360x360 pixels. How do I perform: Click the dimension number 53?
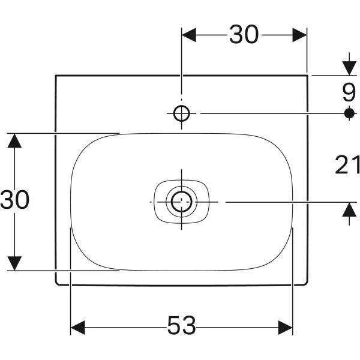(182, 325)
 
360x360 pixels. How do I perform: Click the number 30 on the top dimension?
(244, 34)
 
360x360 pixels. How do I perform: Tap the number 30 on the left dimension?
(14, 199)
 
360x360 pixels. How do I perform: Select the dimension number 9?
(349, 92)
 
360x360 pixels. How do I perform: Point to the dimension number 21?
(347, 164)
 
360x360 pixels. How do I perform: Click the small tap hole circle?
(182, 113)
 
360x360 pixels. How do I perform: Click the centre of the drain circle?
(182, 202)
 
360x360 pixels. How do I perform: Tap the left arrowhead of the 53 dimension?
(78, 328)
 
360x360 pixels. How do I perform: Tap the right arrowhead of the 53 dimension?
(286, 328)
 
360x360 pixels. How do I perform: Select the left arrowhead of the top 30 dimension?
(189, 35)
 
